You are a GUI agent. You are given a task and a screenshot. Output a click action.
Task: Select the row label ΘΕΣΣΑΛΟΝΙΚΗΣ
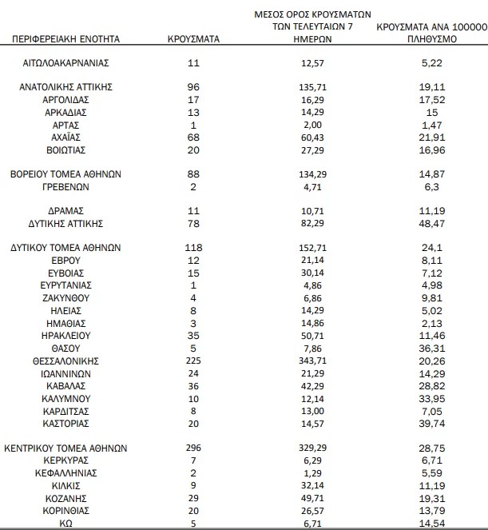tap(66, 360)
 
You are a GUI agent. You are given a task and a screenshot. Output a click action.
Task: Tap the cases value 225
tap(193, 360)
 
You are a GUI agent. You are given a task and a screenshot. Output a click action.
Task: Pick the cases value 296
tap(193, 448)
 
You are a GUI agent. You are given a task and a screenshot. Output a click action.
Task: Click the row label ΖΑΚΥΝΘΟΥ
tap(66, 297)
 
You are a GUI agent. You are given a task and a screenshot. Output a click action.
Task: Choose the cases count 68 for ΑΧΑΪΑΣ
tap(193, 137)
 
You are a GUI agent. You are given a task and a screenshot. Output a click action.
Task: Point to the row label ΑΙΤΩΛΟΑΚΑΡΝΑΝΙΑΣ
tap(66, 62)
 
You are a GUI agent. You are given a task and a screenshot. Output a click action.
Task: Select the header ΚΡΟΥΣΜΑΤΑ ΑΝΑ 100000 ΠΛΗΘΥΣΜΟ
tap(431, 32)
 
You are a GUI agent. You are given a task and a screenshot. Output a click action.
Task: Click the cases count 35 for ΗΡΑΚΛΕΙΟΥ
tap(193, 335)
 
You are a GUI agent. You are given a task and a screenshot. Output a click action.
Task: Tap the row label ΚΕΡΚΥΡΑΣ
tap(66, 460)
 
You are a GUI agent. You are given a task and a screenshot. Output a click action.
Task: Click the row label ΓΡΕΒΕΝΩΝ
tap(66, 185)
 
